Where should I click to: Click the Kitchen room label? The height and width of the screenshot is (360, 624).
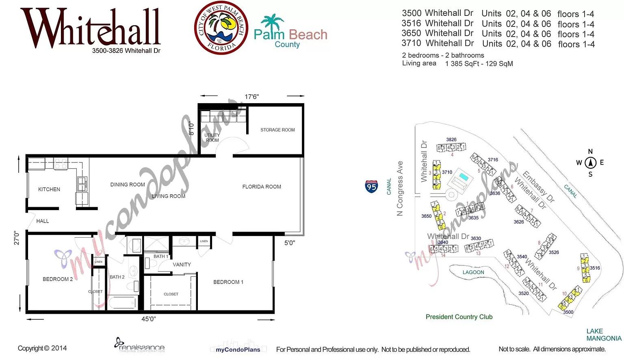pos(49,189)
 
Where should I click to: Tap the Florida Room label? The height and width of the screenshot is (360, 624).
pos(262,187)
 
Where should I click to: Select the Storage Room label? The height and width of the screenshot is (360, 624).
pos(277,130)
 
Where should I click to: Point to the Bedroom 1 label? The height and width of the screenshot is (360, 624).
pos(228,282)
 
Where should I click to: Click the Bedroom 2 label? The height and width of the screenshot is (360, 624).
pos(58,279)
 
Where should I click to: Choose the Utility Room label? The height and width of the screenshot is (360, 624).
pos(212,138)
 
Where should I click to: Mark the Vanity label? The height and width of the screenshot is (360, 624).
pos(182,265)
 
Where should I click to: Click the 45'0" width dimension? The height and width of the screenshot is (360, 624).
pos(148,319)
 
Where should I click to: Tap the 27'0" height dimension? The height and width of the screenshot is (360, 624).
pos(17,238)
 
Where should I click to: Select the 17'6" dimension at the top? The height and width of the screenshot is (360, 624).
pos(251,97)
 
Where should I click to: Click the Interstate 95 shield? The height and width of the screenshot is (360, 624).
pos(371,187)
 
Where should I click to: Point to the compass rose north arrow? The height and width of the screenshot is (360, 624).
pos(590,163)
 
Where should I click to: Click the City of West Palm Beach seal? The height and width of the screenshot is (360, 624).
pos(221,28)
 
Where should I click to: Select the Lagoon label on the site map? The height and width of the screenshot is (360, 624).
pos(473,272)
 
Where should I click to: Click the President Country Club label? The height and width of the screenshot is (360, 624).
pos(459,317)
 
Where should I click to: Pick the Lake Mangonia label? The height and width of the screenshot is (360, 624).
pos(604,335)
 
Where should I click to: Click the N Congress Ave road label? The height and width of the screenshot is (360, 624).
pos(400,188)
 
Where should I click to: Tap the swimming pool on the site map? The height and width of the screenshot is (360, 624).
pos(463,177)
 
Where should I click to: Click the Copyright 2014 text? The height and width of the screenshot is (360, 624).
pos(42,348)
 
